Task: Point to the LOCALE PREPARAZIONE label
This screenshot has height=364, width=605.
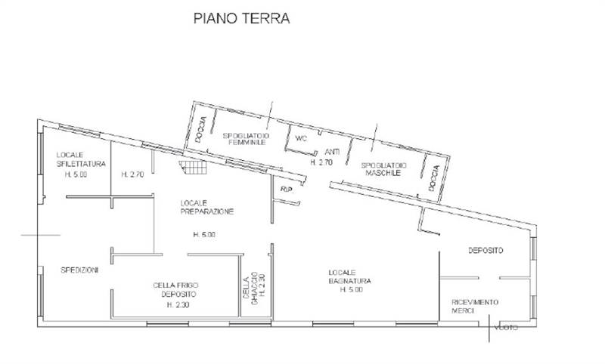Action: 206,207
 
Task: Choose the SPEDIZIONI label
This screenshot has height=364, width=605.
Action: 79,270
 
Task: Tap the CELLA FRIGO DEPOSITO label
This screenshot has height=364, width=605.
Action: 175,289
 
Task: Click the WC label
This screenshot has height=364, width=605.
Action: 300,138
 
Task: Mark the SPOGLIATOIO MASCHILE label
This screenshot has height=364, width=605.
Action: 384,168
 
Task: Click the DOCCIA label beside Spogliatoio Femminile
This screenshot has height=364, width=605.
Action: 200,129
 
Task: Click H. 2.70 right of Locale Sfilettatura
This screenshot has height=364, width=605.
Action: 132,174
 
